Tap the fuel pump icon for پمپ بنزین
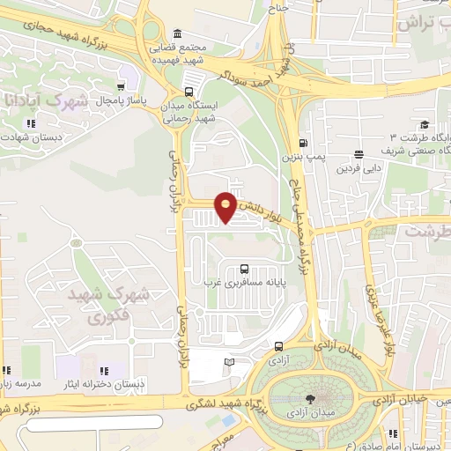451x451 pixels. [x=303, y=144]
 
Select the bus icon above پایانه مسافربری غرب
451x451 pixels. [x=243, y=269]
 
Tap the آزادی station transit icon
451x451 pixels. [x=279, y=346]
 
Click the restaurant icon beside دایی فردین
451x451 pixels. [x=359, y=153]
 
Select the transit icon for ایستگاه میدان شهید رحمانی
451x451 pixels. [x=189, y=92]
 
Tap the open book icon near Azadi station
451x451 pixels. [x=230, y=362]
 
